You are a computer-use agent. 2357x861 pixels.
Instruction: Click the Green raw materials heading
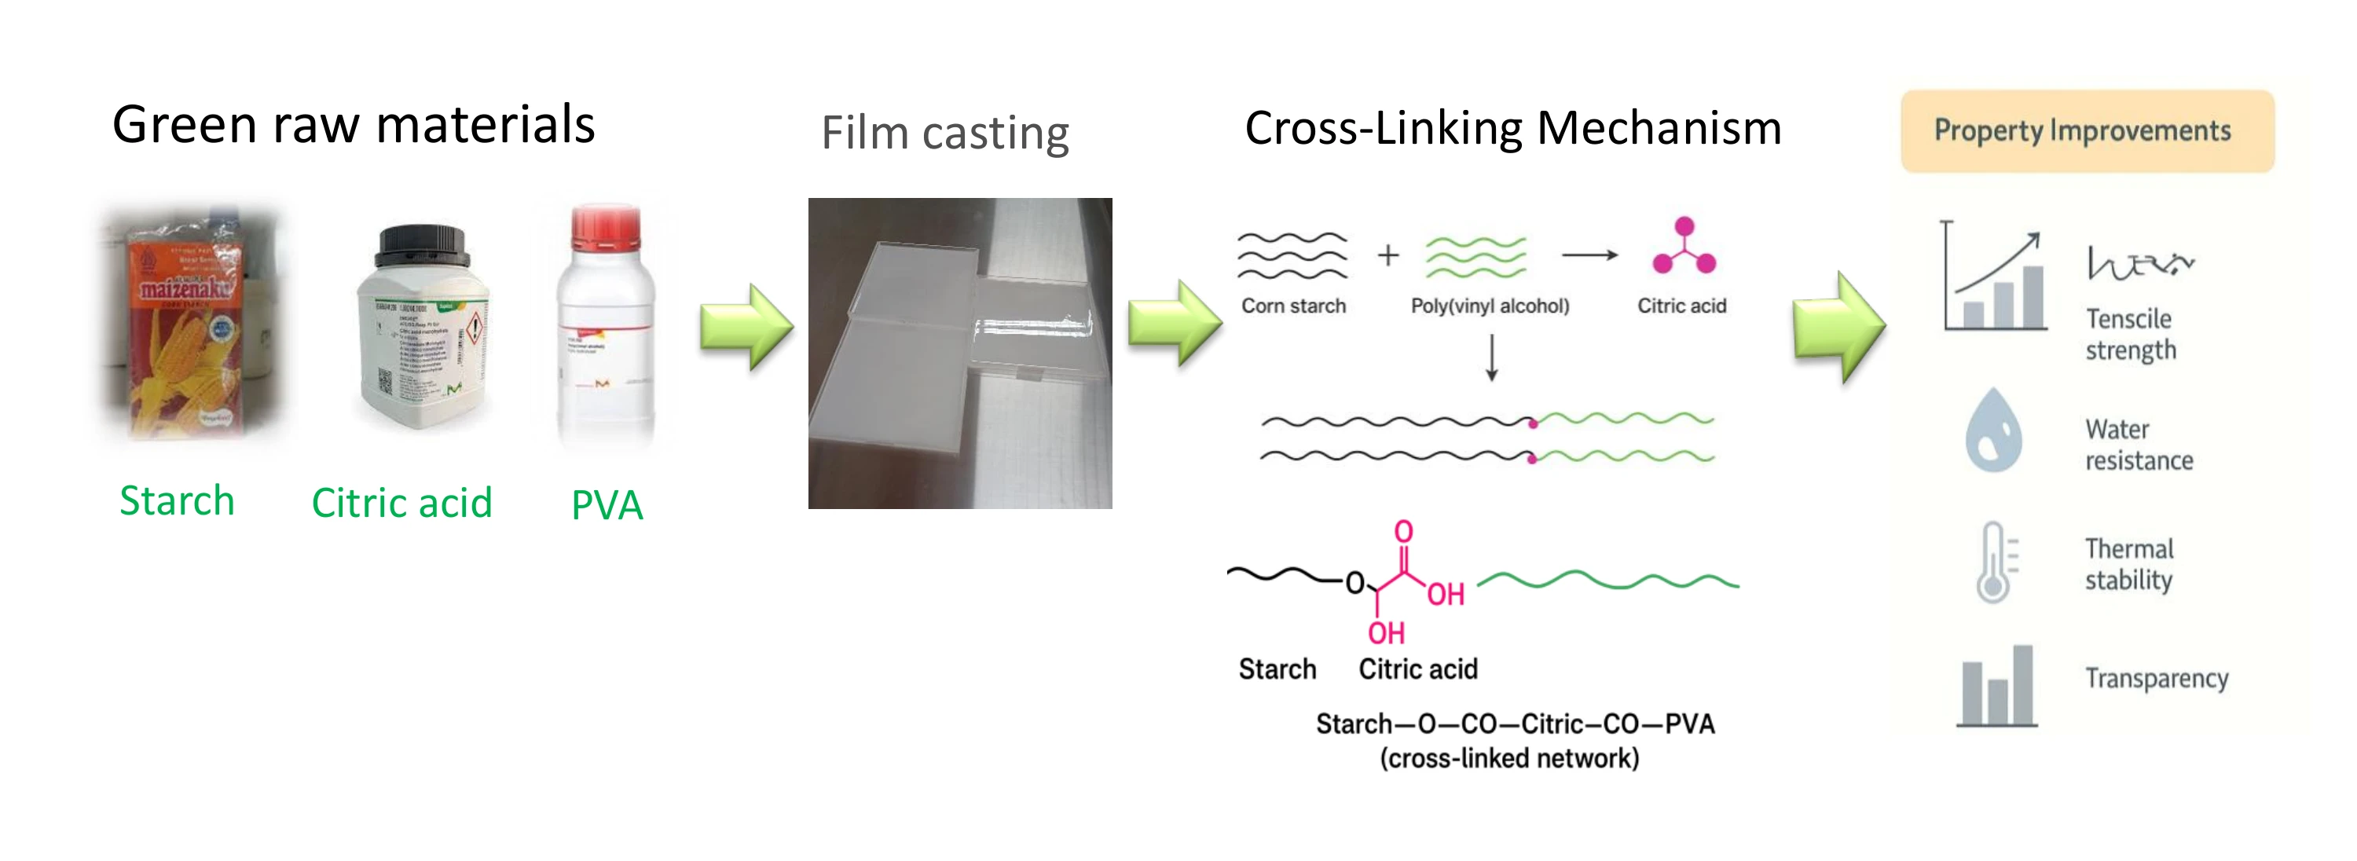354,126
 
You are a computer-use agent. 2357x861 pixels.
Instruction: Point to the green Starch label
177,500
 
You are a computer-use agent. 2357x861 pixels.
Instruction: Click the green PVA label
607,505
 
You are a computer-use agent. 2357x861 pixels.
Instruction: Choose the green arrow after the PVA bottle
745,327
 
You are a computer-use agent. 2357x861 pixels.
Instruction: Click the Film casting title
944,134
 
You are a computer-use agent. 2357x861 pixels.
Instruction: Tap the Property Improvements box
2086,131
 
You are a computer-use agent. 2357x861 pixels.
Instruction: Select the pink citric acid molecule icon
1684,247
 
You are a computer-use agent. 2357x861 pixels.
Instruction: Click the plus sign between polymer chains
1387,255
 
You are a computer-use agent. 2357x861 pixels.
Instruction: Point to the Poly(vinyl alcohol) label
1489,306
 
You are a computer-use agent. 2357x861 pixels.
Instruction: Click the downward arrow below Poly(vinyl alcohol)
1491,357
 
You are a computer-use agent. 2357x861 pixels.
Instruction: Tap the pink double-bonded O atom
1402,532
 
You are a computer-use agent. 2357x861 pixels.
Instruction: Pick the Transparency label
2156,678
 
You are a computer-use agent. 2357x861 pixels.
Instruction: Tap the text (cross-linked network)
1508,759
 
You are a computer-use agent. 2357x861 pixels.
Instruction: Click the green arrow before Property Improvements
1838,327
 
